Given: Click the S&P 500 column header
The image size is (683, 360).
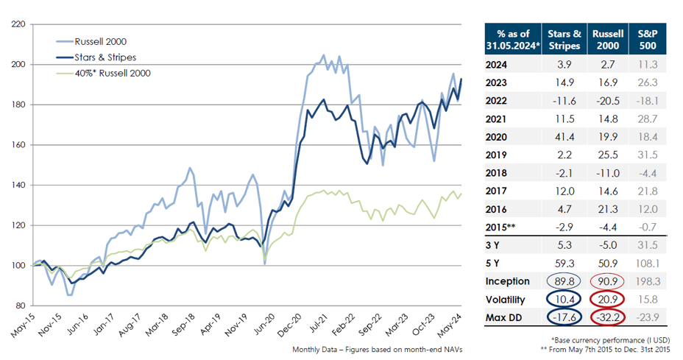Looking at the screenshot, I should pos(651,39).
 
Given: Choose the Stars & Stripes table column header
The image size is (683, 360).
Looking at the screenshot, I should pos(565,39).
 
